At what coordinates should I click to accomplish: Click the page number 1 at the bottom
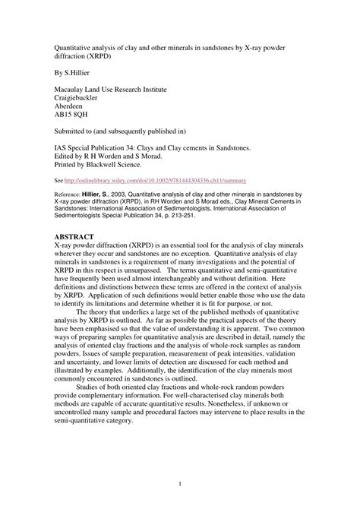(180, 482)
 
